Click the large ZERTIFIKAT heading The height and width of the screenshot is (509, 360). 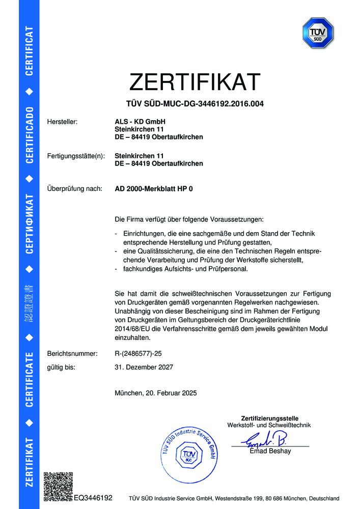pos(195,82)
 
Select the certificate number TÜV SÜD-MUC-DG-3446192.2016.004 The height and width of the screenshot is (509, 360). pos(195,104)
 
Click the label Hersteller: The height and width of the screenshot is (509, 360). pos(62,122)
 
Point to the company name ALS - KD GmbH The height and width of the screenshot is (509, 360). pos(141,122)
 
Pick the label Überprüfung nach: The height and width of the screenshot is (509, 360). pos(74,189)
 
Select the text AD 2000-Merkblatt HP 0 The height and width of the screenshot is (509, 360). pos(154,189)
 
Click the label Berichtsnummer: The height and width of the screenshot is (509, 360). pos(72,353)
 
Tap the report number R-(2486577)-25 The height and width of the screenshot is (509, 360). pos(139,353)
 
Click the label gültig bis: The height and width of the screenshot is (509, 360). pos(61,366)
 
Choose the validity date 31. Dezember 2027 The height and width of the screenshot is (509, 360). pos(145,366)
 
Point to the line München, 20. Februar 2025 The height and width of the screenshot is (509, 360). pos(156,393)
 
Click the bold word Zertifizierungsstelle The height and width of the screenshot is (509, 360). pos(269,418)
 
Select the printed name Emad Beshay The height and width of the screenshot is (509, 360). pos(270,451)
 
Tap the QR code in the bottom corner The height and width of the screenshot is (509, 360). pos(58,487)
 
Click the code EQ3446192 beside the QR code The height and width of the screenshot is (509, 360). pos(93,497)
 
